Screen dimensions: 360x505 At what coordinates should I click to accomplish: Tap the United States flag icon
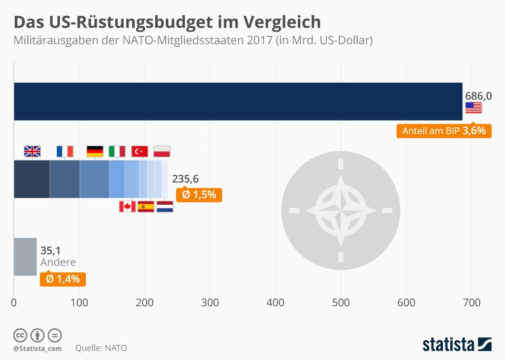pyautogui.click(x=473, y=107)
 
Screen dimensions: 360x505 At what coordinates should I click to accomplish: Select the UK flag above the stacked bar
pyautogui.click(x=32, y=152)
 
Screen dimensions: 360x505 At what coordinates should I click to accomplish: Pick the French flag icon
pyautogui.click(x=65, y=152)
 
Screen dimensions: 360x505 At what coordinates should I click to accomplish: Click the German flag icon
pyautogui.click(x=95, y=152)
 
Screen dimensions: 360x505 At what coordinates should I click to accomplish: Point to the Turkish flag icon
pyautogui.click(x=139, y=152)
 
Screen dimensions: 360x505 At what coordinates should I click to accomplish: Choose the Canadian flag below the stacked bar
pyautogui.click(x=127, y=206)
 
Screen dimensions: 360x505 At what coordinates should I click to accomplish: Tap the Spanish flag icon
pyautogui.click(x=146, y=206)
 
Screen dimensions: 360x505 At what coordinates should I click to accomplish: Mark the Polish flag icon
pyautogui.click(x=161, y=152)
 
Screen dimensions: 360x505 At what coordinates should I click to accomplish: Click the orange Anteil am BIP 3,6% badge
pyautogui.click(x=443, y=131)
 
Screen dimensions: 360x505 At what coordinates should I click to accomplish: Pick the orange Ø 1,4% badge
pyautogui.click(x=63, y=279)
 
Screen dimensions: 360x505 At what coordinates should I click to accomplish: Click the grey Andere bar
pyautogui.click(x=25, y=256)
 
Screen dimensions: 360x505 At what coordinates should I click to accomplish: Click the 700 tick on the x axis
pyautogui.click(x=471, y=303)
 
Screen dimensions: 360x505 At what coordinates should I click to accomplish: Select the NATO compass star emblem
pyautogui.click(x=341, y=211)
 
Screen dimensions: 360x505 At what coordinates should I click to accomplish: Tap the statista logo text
pyautogui.click(x=448, y=345)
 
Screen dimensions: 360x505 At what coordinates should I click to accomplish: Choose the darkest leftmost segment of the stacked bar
pyautogui.click(x=32, y=179)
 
